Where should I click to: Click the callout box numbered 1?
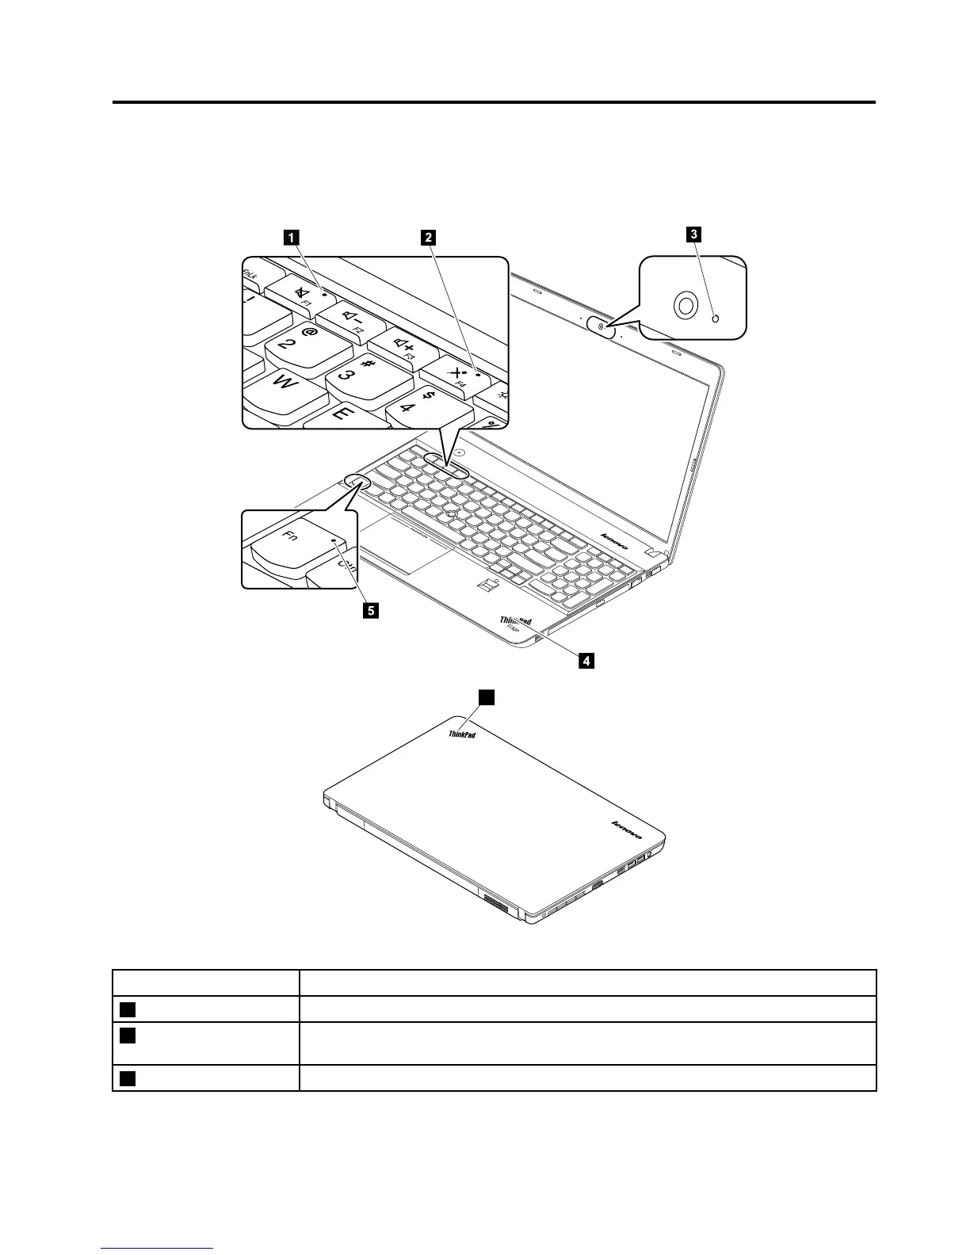pyautogui.click(x=292, y=235)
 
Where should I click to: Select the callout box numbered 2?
pyautogui.click(x=427, y=235)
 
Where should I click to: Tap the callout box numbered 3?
pyautogui.click(x=693, y=233)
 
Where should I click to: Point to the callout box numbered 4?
pyautogui.click(x=586, y=659)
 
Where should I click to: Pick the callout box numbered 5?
pyautogui.click(x=370, y=610)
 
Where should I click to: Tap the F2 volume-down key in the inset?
pyautogui.click(x=353, y=319)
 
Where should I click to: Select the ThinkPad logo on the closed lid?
pyautogui.click(x=462, y=733)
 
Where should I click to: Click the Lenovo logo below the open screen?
pyautogui.click(x=616, y=542)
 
